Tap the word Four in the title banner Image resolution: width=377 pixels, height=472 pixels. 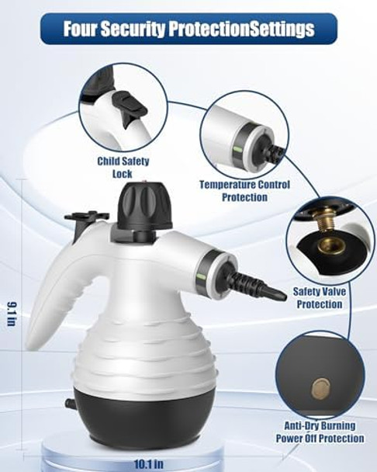point(82,29)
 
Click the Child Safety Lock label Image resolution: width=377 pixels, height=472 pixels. point(123,168)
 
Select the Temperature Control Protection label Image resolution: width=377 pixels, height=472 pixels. point(244,191)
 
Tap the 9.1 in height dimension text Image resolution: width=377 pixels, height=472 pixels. point(12,314)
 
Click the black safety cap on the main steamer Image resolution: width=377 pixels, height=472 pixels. point(145,205)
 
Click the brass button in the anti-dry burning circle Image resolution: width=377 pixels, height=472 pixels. point(319,387)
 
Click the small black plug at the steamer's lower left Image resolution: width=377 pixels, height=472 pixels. point(71,403)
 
